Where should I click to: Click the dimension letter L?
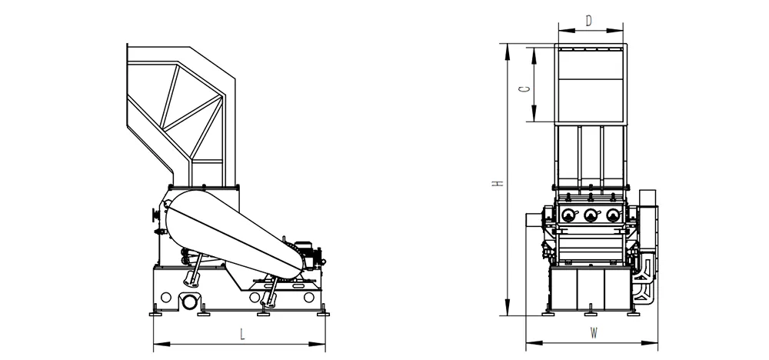pyautogui.click(x=241, y=335)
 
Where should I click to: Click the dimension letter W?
pyautogui.click(x=594, y=334)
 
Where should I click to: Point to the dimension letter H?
pyautogui.click(x=498, y=183)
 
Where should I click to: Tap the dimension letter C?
pyautogui.click(x=524, y=89)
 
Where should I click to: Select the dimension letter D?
pyautogui.click(x=589, y=21)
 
